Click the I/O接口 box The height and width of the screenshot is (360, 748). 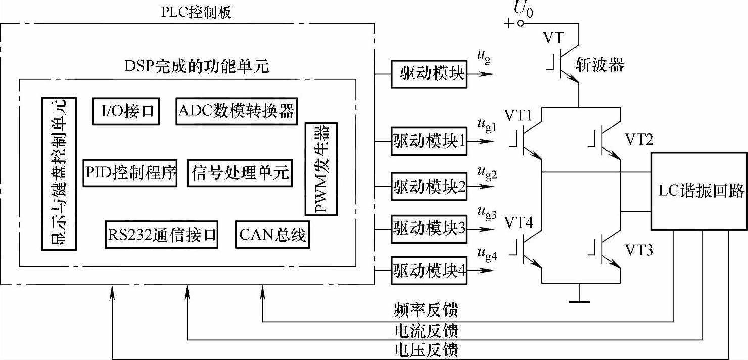[126, 111]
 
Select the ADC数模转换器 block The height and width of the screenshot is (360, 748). [237, 111]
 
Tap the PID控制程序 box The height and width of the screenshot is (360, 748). [130, 172]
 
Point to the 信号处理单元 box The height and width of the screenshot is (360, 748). [240, 172]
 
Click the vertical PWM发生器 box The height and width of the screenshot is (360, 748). [321, 169]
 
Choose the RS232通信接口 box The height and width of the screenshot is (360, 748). [162, 235]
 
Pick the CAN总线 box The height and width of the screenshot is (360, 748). [272, 235]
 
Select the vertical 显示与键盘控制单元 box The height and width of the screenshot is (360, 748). [59, 173]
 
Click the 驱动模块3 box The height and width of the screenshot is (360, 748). [429, 229]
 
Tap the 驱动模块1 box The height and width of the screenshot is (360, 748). [429, 141]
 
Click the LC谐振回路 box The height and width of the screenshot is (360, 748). [699, 191]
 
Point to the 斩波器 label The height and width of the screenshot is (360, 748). [600, 64]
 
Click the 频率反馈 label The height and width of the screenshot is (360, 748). [426, 310]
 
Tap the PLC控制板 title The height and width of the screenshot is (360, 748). [196, 12]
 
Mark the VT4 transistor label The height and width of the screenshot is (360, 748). [519, 222]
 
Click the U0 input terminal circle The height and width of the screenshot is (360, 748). [520, 23]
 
